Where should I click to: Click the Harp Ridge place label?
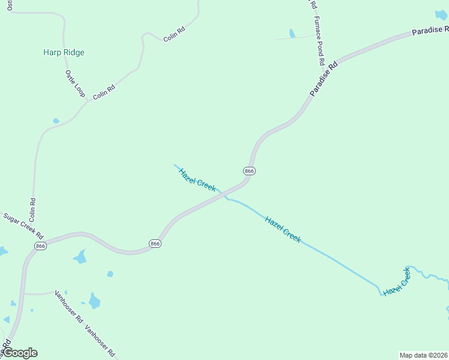point(64,52)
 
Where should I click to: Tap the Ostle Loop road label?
point(75,83)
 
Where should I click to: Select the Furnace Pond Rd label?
point(318,41)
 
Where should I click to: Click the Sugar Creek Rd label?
point(23,224)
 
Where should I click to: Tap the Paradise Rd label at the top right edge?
point(430,30)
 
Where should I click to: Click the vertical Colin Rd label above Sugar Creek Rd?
point(32,209)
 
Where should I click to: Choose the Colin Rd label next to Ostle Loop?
point(103,92)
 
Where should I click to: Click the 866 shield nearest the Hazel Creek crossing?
point(250,171)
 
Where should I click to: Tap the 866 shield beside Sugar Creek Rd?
point(40,246)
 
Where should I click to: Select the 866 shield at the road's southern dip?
point(155,243)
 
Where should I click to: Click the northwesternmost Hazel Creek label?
point(197,180)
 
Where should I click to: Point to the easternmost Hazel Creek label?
point(397,282)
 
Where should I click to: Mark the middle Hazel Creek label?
point(283,229)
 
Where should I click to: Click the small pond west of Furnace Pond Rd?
point(292,34)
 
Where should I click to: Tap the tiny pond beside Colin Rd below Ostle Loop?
point(56,121)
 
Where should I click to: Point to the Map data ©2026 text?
point(423,355)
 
